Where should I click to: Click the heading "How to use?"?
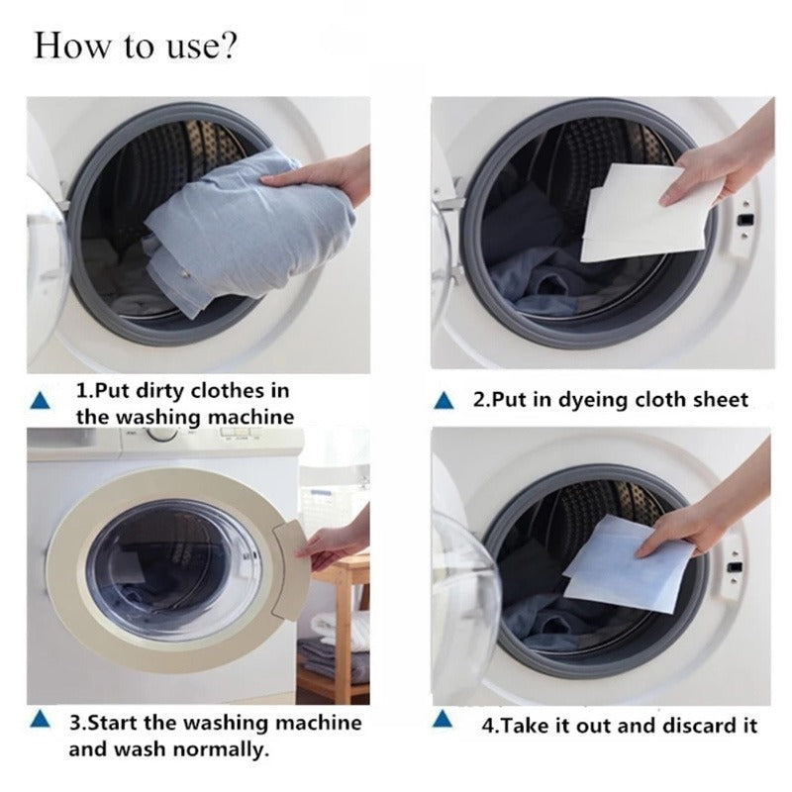pyautogui.click(x=135, y=46)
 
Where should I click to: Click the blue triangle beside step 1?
pyautogui.click(x=40, y=401)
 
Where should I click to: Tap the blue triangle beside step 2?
pyautogui.click(x=444, y=401)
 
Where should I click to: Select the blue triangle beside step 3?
pyautogui.click(x=40, y=720)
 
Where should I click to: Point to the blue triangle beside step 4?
pyautogui.click(x=443, y=720)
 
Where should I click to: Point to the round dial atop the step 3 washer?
pyautogui.click(x=162, y=435)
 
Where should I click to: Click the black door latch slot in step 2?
pyautogui.click(x=745, y=220)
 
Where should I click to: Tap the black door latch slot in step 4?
pyautogui.click(x=735, y=567)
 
